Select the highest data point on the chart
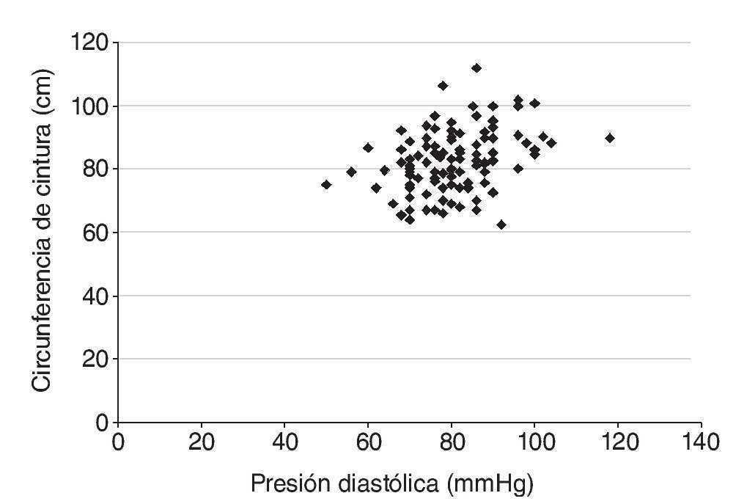476,68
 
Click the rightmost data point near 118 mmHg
609,138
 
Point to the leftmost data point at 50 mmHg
326,185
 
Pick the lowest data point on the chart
501,224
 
